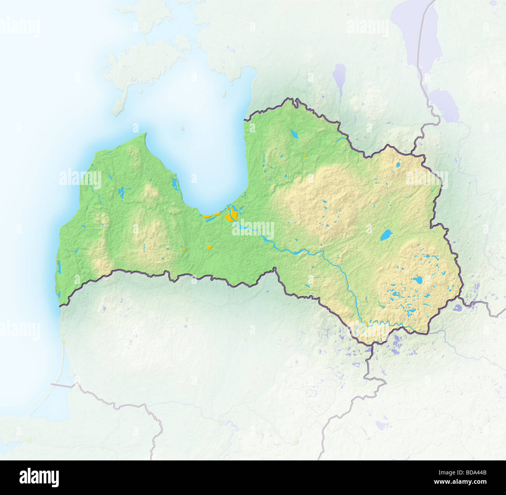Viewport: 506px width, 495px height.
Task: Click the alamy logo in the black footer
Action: click(x=39, y=477)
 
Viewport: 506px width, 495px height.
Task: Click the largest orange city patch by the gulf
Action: click(x=233, y=214)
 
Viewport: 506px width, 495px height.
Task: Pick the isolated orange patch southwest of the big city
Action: click(x=209, y=247)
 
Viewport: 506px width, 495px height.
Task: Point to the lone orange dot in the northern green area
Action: click(x=305, y=155)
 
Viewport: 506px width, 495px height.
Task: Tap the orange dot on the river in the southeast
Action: click(x=367, y=324)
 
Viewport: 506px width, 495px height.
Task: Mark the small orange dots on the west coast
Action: click(x=57, y=262)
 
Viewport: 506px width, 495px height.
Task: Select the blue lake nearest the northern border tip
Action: click(x=293, y=134)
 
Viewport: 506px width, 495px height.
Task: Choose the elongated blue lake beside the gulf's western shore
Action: click(x=175, y=183)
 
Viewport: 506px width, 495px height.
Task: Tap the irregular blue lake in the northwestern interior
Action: click(x=121, y=192)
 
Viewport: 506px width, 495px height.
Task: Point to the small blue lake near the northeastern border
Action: click(x=399, y=165)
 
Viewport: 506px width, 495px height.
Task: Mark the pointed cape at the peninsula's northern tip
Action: click(x=146, y=134)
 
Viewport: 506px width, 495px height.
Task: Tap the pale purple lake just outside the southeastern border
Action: click(x=457, y=309)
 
